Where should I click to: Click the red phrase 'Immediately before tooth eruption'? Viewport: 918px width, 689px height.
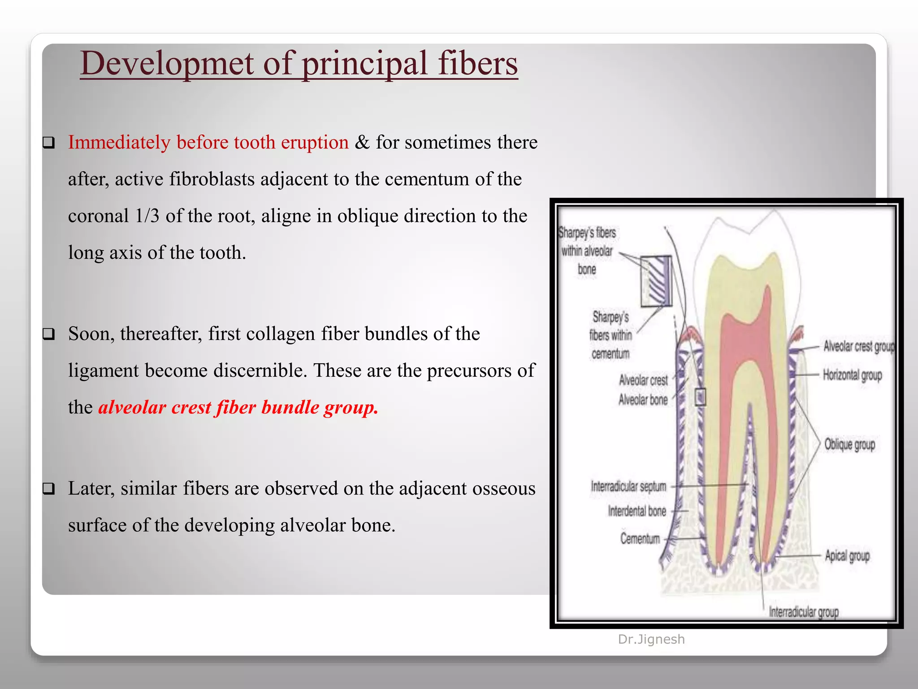[208, 142]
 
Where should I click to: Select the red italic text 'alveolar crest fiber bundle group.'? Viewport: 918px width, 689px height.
[238, 407]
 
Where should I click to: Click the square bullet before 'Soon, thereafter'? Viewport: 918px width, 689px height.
[48, 334]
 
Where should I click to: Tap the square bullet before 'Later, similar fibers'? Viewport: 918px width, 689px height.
[48, 488]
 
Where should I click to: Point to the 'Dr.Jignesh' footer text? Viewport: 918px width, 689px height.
[651, 639]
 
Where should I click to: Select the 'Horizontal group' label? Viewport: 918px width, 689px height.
[852, 375]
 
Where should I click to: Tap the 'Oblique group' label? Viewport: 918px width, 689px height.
[849, 445]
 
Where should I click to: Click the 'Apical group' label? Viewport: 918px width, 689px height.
[847, 556]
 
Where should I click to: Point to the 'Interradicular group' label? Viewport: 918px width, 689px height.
[803, 612]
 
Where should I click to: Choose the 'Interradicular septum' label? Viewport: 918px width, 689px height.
[628, 486]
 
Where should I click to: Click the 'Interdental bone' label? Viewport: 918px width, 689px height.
[637, 511]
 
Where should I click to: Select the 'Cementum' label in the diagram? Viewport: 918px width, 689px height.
[640, 538]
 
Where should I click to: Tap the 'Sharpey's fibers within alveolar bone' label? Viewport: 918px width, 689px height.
[587, 251]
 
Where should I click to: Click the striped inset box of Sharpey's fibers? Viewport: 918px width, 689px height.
[656, 281]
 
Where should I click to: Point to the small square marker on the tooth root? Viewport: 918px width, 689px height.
[700, 397]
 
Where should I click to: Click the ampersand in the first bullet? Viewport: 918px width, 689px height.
[362, 142]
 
